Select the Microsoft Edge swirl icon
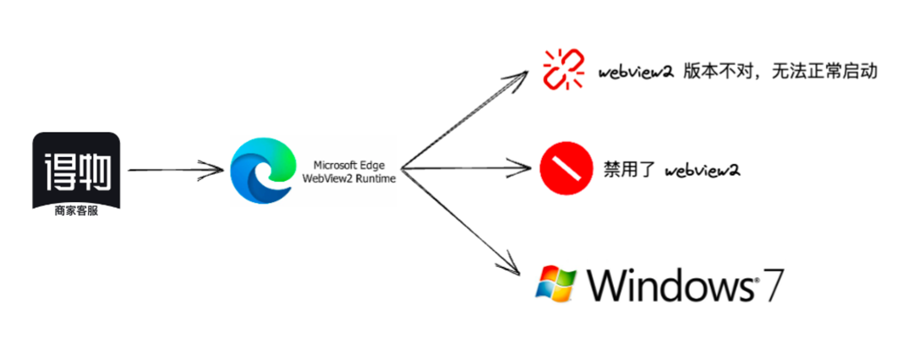[x=260, y=170]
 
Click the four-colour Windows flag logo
[x=557, y=282]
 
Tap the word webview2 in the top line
[x=635, y=71]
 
